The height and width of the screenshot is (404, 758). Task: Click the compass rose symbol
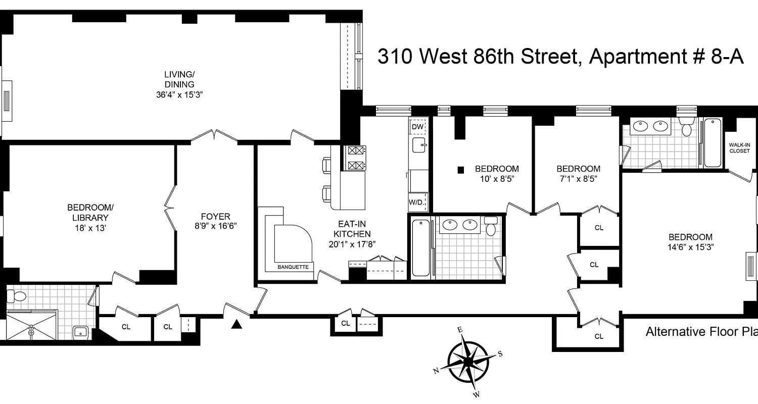[x=468, y=362]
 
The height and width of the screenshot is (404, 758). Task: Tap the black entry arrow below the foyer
[x=236, y=325]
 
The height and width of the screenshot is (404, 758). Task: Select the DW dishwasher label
[x=417, y=126]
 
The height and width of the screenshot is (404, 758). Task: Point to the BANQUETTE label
[x=293, y=267]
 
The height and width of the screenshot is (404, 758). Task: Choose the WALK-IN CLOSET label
[x=739, y=147]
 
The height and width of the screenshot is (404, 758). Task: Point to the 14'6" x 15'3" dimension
[x=690, y=247]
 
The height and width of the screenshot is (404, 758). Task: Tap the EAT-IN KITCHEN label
[x=355, y=228]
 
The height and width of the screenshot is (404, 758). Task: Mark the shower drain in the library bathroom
[x=31, y=332]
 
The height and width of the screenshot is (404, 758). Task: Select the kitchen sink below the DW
[x=419, y=146]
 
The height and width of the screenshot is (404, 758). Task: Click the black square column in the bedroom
[x=460, y=170]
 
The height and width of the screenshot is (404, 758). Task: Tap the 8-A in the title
[x=727, y=57]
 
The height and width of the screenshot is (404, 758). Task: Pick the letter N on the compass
[x=436, y=371]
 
